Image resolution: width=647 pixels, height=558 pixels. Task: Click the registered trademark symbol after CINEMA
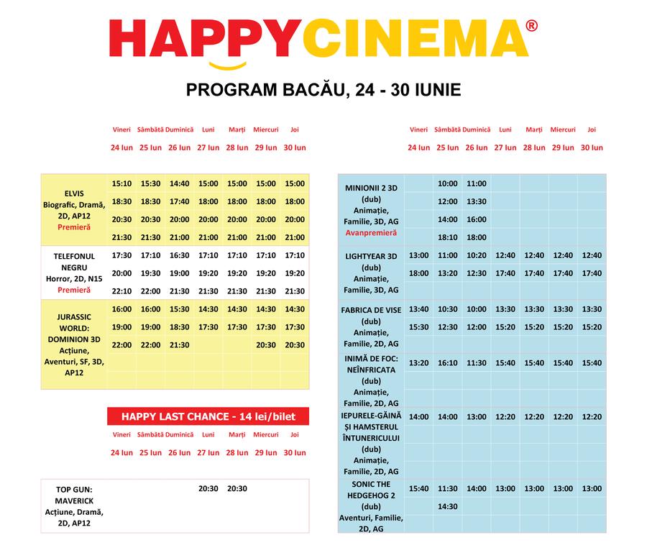tap(531, 26)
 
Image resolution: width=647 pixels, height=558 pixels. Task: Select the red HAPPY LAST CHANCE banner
tap(208, 416)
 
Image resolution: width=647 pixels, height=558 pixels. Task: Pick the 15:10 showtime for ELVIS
tap(121, 183)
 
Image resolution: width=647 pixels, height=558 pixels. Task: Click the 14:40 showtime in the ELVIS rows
tap(179, 183)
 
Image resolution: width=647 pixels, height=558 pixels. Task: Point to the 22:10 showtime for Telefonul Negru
tap(121, 291)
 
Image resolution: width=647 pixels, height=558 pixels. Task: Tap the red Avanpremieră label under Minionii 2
tap(372, 233)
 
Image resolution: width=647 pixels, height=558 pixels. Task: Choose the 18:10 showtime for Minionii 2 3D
tap(447, 237)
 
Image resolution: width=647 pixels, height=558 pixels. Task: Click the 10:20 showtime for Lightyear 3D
tap(476, 255)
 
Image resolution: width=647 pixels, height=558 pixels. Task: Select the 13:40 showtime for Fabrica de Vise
tap(418, 309)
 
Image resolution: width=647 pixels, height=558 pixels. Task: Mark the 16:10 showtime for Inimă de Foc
tap(447, 363)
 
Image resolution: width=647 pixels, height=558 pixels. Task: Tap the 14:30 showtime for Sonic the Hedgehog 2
tap(447, 506)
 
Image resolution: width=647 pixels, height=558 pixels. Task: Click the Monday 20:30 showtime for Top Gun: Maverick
tap(208, 489)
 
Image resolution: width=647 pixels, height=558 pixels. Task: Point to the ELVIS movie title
tap(74, 193)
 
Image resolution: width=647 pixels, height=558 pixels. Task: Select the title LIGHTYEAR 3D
tap(372, 255)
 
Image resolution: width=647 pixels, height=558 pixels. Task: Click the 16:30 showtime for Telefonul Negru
tap(179, 255)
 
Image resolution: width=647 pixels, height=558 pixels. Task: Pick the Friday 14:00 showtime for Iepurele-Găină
tap(418, 417)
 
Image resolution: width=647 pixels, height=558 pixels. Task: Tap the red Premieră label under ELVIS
tap(74, 227)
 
